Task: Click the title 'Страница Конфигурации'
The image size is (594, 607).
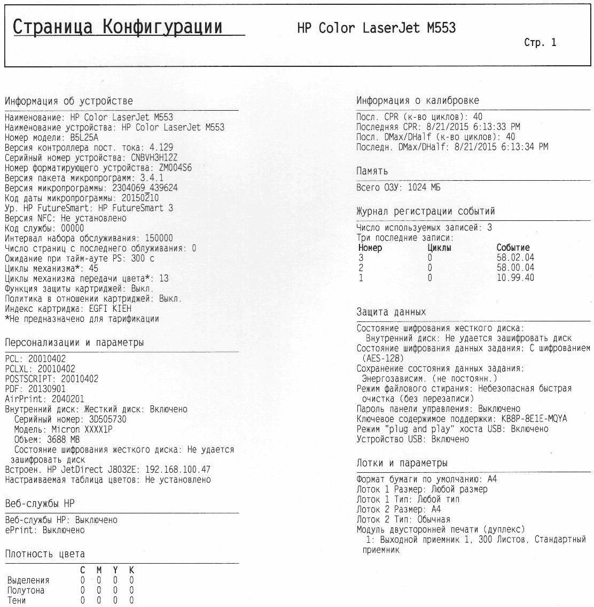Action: pos(118,27)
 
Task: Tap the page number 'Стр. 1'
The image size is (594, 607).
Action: pos(540,43)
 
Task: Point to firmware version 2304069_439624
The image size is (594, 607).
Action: pos(145,188)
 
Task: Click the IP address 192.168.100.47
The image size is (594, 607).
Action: pos(178,470)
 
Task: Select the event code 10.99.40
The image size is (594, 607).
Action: pos(515,278)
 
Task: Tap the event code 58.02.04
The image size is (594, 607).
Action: pos(515,258)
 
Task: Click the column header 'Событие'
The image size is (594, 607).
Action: pos(513,248)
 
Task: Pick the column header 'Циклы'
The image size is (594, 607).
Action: pos(440,248)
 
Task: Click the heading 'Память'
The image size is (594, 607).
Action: pos(372,172)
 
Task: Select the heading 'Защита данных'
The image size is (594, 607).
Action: pos(391,312)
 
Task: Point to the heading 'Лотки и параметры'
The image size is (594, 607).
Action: pos(402,463)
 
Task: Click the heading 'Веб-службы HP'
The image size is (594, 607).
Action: pos(40,504)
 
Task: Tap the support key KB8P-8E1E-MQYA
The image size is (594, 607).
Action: pos(534,419)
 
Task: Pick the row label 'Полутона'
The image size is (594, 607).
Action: pos(26,590)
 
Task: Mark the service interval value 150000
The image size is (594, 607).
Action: pos(155,238)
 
